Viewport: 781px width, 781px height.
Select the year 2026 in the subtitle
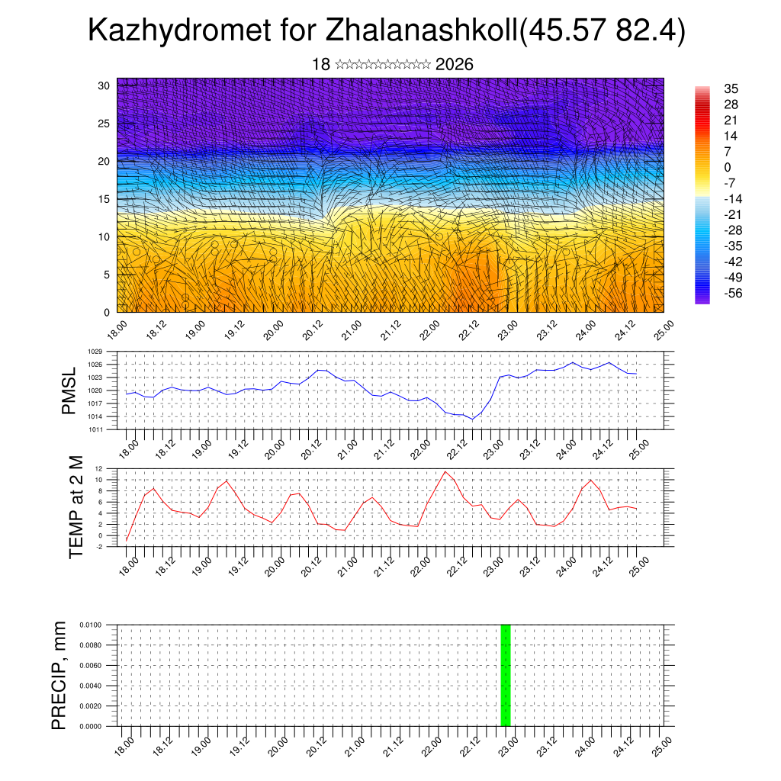coord(455,65)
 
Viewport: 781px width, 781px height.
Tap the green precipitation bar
coord(505,675)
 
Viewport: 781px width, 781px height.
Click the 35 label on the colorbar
coord(731,89)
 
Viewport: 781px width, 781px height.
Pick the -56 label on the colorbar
coord(734,293)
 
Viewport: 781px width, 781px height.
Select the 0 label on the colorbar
coord(728,167)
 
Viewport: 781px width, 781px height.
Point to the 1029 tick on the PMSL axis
coord(95,352)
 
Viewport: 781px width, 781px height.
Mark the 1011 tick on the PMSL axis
coord(95,429)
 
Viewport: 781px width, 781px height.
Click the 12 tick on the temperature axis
coord(99,468)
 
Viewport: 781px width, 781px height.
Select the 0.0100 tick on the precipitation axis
coord(90,625)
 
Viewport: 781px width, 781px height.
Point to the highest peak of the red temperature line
coord(445,471)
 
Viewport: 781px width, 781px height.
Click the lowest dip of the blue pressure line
coord(472,419)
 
